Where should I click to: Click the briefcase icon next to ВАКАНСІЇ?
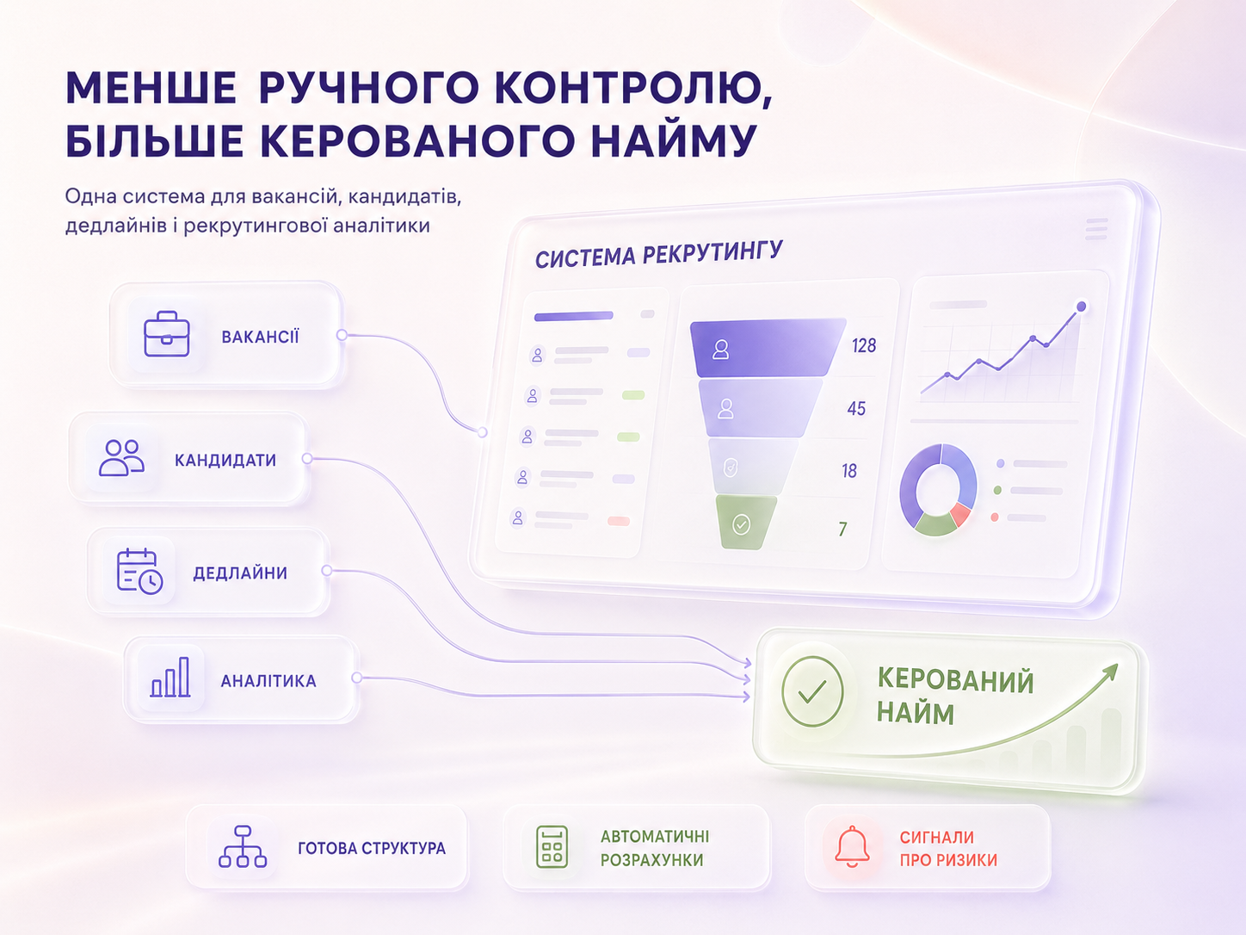tap(166, 334)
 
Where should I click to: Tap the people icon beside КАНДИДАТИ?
tap(121, 457)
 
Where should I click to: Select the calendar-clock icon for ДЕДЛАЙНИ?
tap(139, 571)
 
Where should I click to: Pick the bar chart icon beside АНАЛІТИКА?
tap(170, 677)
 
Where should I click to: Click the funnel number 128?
tap(864, 345)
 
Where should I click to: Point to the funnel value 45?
tap(856, 408)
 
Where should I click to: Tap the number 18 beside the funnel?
tap(849, 471)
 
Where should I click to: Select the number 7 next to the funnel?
tap(843, 529)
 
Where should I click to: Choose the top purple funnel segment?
tap(768, 348)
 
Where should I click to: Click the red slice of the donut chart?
tap(960, 514)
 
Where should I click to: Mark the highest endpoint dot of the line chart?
tap(1082, 307)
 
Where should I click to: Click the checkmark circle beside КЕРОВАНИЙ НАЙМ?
tap(812, 690)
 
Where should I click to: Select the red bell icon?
tap(852, 846)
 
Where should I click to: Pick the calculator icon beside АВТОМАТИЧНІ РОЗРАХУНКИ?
tap(552, 846)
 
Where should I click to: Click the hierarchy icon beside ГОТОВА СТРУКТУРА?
tap(243, 846)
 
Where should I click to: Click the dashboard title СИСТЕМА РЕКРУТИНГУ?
tap(659, 254)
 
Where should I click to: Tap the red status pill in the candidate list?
tap(618, 521)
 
